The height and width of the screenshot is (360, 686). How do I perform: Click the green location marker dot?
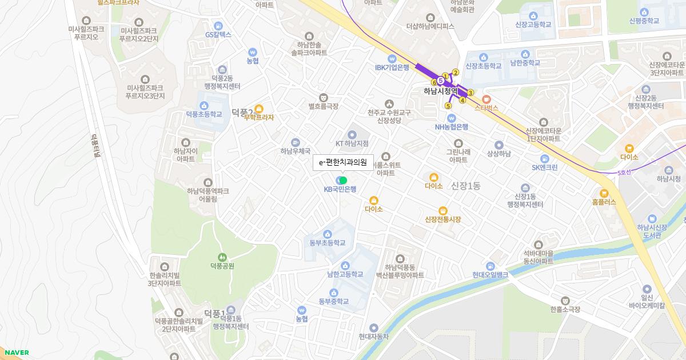[x=343, y=181]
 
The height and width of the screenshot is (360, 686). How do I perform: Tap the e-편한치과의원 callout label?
[x=342, y=162]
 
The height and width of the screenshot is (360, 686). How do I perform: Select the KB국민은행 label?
[x=340, y=189]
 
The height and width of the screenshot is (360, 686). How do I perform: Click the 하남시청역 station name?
[x=441, y=91]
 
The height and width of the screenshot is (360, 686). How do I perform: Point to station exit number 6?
[x=434, y=82]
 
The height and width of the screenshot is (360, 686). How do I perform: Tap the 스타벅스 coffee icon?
[x=486, y=99]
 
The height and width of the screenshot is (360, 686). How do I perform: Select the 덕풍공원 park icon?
[x=222, y=257]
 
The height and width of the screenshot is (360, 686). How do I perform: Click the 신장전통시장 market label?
[x=442, y=219]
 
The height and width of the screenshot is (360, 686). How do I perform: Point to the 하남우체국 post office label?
[x=295, y=151]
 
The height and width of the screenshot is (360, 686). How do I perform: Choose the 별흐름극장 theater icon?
[x=324, y=97]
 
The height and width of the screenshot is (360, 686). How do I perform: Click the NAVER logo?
[x=15, y=353]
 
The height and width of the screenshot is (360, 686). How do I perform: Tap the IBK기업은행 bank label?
[x=392, y=67]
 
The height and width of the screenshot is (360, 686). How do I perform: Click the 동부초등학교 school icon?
[x=328, y=234]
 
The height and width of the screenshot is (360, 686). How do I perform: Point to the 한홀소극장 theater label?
[x=565, y=309]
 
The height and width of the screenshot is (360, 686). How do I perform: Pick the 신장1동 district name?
[x=466, y=186]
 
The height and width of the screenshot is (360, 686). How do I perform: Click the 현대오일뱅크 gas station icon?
[x=490, y=266]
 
